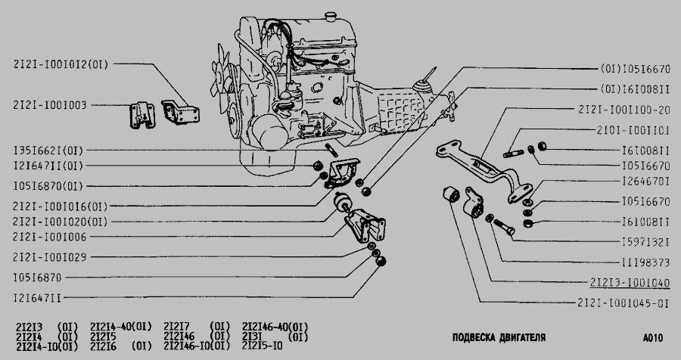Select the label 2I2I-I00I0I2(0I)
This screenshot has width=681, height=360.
coord(60,64)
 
